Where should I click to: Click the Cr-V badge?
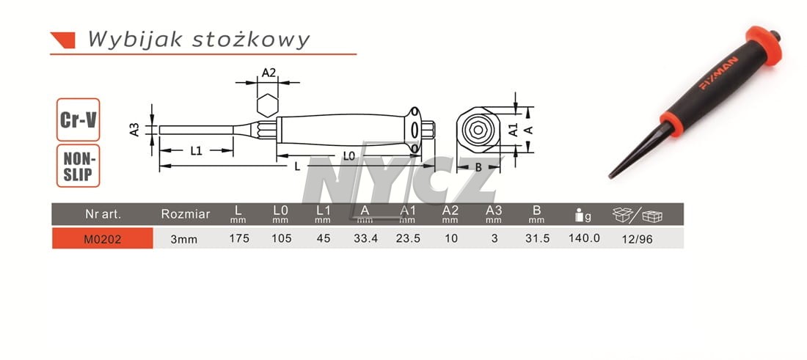(x=78, y=120)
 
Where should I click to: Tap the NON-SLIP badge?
(x=78, y=166)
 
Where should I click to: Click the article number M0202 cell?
(x=103, y=238)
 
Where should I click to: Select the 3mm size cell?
(x=185, y=239)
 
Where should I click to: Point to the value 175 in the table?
(x=239, y=238)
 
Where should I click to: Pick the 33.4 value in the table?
(x=365, y=238)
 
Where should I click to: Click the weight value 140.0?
(x=584, y=238)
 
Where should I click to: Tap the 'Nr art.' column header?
(x=103, y=214)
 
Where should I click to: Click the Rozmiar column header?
(x=186, y=214)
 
